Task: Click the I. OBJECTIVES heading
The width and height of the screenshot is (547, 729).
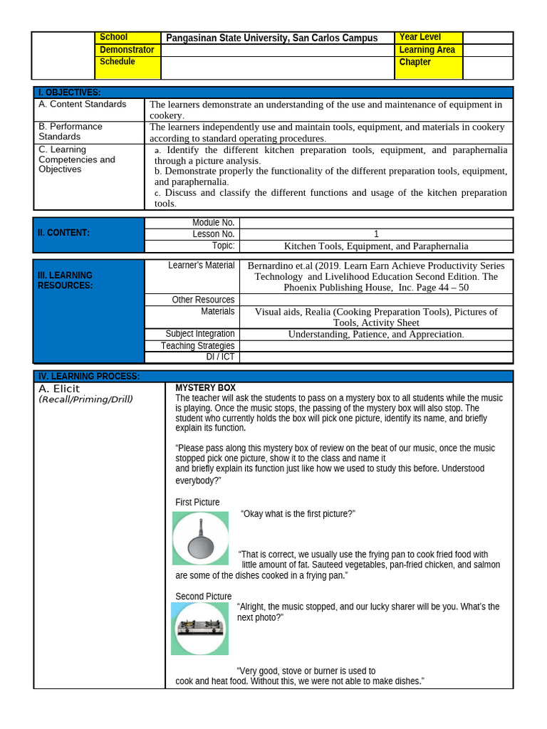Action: pyautogui.click(x=70, y=93)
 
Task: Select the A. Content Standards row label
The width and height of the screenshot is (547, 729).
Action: pyautogui.click(x=83, y=104)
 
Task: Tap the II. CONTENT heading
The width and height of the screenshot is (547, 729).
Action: pyautogui.click(x=64, y=233)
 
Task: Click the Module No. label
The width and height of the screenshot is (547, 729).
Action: pyautogui.click(x=214, y=223)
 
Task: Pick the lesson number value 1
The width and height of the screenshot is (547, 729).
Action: pyautogui.click(x=376, y=234)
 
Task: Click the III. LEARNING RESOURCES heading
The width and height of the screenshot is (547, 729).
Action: pyautogui.click(x=65, y=280)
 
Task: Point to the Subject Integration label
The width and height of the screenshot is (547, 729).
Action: pyautogui.click(x=200, y=334)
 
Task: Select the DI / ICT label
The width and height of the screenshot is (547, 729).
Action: pyautogui.click(x=220, y=357)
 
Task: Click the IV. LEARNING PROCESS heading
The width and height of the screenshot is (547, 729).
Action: pyautogui.click(x=89, y=376)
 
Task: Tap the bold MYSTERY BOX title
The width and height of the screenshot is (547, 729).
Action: pyautogui.click(x=205, y=388)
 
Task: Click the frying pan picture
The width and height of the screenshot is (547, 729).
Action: pyautogui.click(x=201, y=538)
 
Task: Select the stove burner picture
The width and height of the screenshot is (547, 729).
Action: pyautogui.click(x=200, y=628)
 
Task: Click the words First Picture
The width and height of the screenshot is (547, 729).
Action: pyautogui.click(x=197, y=503)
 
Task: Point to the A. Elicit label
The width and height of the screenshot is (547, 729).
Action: pyautogui.click(x=59, y=389)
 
